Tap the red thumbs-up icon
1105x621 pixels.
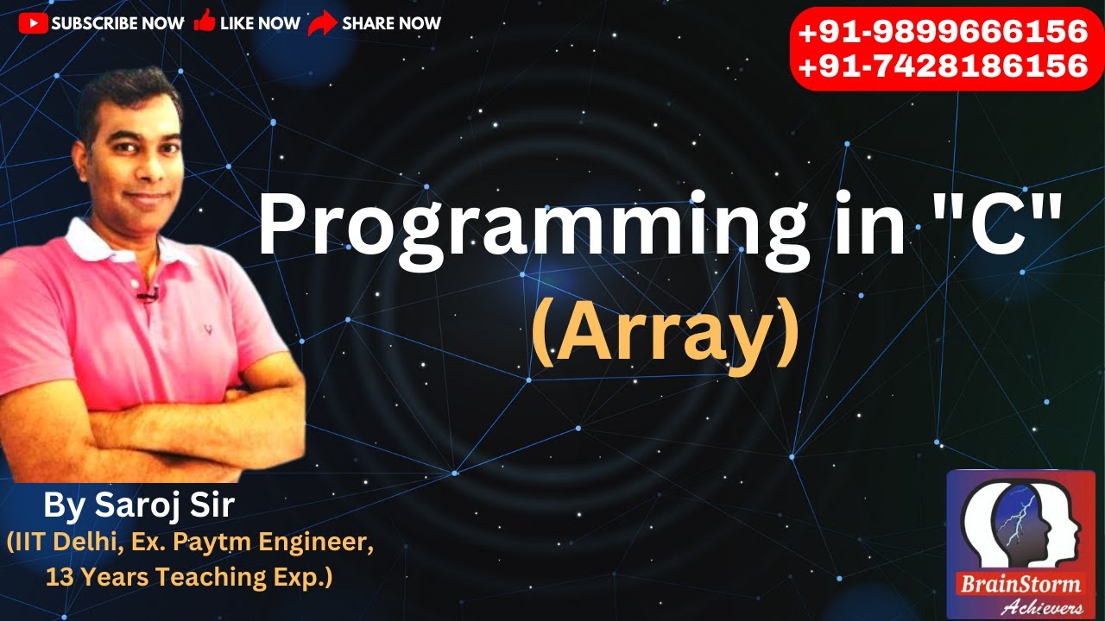(x=205, y=22)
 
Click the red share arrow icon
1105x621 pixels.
(x=322, y=24)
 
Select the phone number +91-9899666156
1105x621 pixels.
(x=943, y=33)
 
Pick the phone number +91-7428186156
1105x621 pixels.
(x=943, y=66)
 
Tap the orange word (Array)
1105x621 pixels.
(x=664, y=336)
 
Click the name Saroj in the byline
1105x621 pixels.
(x=133, y=506)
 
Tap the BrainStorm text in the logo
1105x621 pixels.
(x=1020, y=584)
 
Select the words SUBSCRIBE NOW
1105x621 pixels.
(x=117, y=24)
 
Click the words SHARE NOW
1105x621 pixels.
(x=391, y=24)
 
